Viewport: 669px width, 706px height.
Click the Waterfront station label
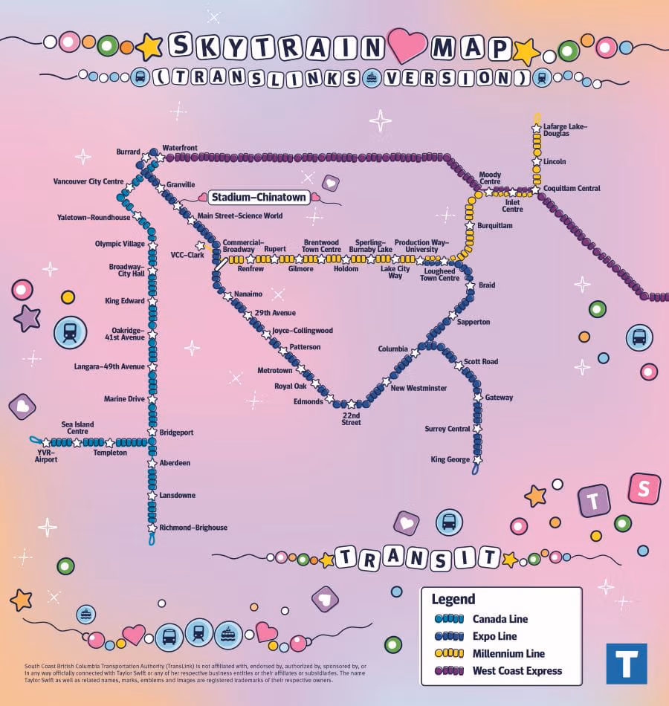click(x=180, y=148)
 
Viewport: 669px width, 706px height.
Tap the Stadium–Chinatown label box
click(x=258, y=198)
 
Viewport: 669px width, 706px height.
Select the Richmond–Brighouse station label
click(x=193, y=528)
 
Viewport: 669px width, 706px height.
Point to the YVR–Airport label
click(x=46, y=456)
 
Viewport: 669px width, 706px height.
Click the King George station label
click(x=450, y=459)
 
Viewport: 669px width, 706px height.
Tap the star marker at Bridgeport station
click(x=152, y=432)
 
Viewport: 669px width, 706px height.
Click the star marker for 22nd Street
click(x=352, y=405)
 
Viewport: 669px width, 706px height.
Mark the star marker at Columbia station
click(x=416, y=353)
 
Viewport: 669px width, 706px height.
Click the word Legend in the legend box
click(x=453, y=600)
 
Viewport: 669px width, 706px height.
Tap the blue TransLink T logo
click(x=626, y=663)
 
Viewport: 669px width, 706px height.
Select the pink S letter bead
click(x=644, y=488)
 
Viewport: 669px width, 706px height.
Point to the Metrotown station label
click(x=275, y=370)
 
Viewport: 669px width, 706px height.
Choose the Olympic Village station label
click(x=120, y=244)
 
